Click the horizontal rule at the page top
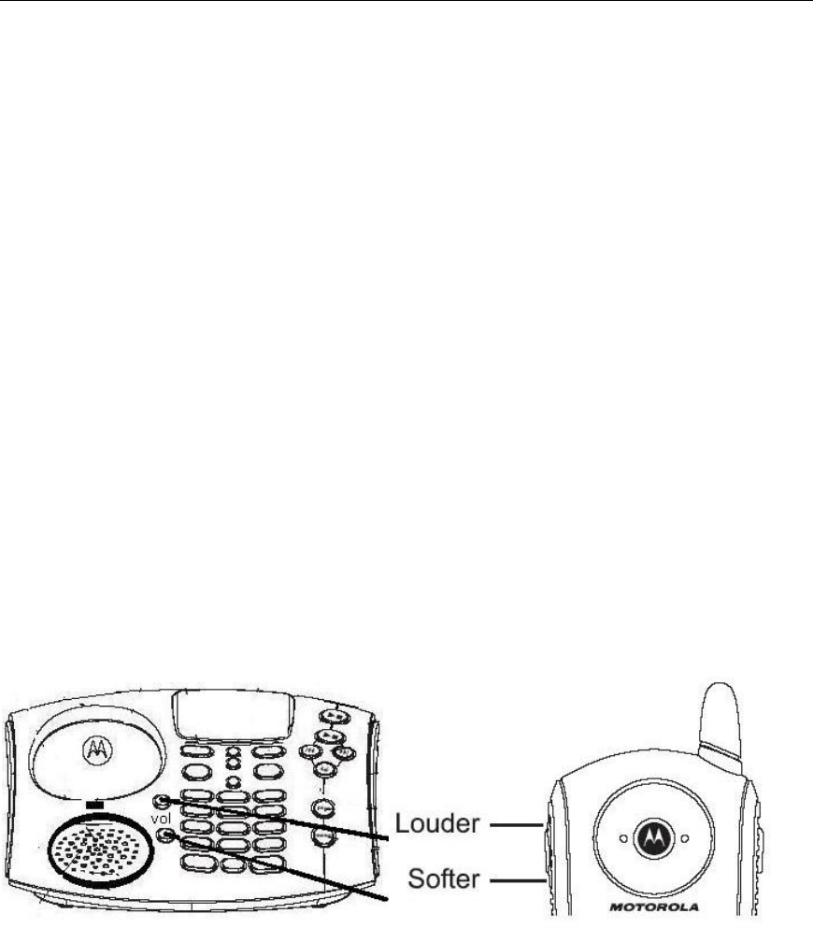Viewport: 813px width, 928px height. tap(406, 2)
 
